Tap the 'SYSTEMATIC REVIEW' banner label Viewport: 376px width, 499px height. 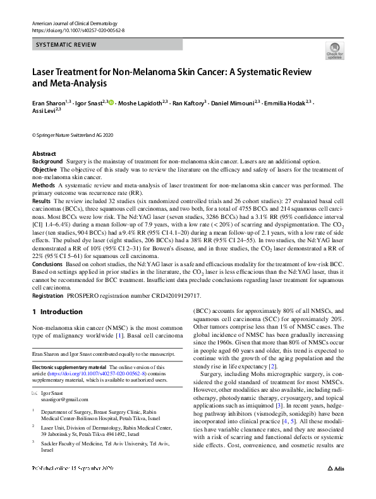point(65,45)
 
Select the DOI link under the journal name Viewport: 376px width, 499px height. point(78,30)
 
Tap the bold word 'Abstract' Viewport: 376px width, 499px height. point(44,154)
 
